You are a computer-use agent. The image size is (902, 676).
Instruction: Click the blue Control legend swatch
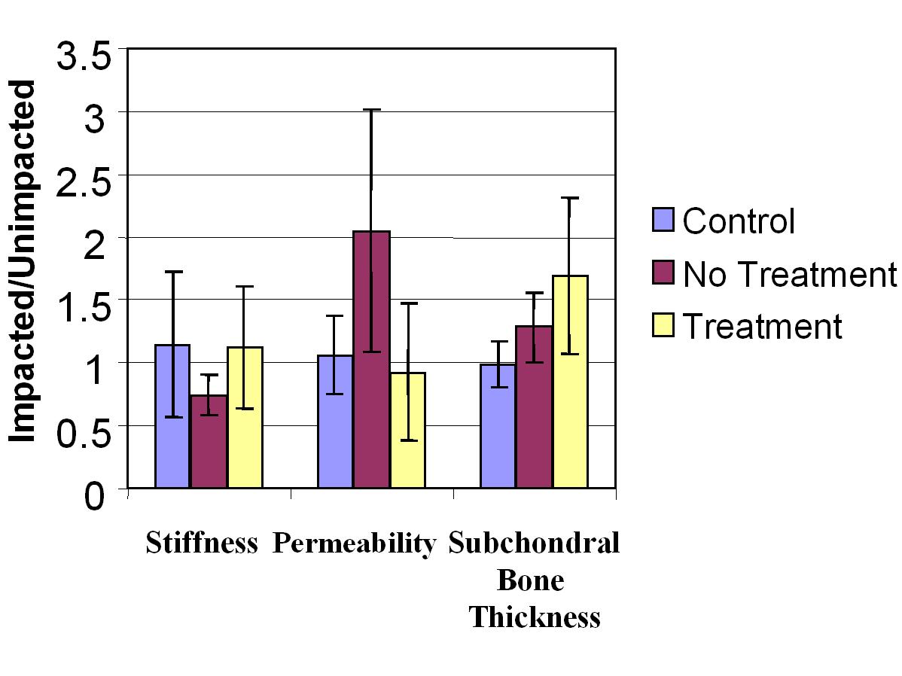coord(663,221)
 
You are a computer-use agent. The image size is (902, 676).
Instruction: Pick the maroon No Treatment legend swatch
coord(663,274)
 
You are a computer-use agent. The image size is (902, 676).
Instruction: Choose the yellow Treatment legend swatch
coord(663,327)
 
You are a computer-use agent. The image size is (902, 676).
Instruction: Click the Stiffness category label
coord(202,544)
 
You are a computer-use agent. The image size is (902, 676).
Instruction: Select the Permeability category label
coord(354,544)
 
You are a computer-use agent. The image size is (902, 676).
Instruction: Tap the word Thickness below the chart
coord(535,617)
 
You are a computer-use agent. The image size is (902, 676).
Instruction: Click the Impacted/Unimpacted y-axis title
coord(25,261)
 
